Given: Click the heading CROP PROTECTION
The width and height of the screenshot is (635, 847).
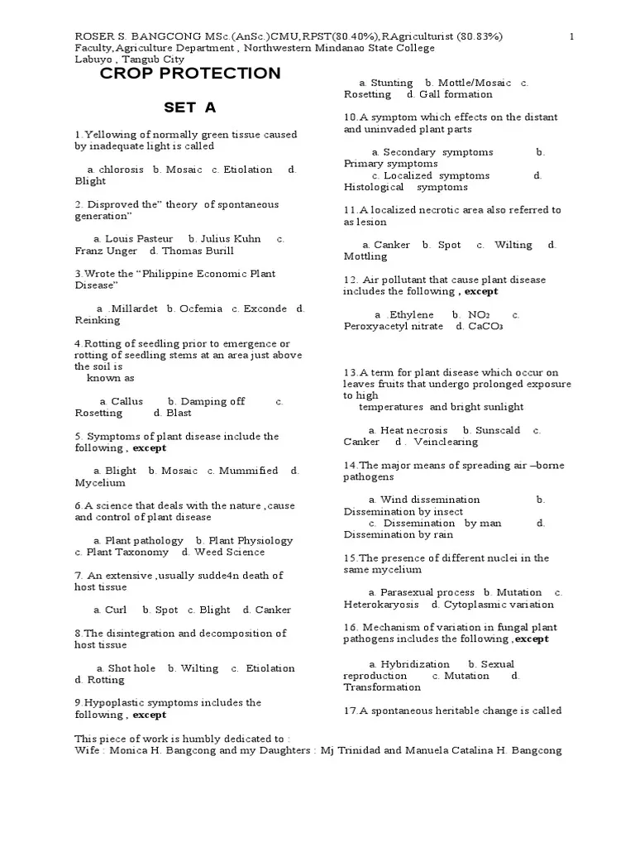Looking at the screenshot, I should [190, 74].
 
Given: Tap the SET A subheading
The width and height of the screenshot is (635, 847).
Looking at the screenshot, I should [190, 108].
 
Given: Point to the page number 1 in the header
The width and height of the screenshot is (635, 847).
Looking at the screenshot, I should [572, 36].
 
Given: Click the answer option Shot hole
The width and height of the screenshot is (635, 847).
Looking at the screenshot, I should [131, 668].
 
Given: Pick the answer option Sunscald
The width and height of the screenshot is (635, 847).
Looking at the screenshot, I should [497, 430].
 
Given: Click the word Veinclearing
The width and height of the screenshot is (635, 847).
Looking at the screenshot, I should [446, 442].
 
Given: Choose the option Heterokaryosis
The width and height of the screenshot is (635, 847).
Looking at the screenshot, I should [381, 605].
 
